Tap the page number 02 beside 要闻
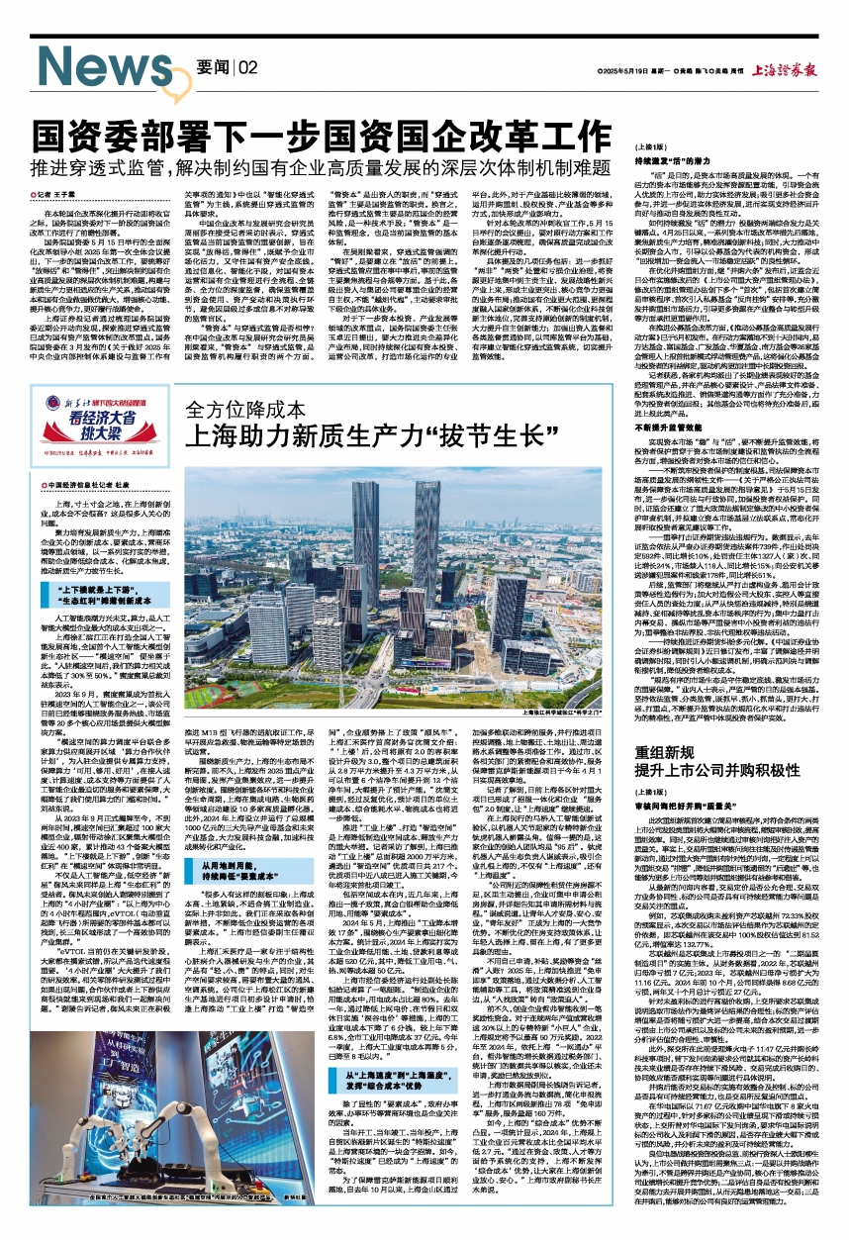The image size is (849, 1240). click(x=247, y=66)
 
